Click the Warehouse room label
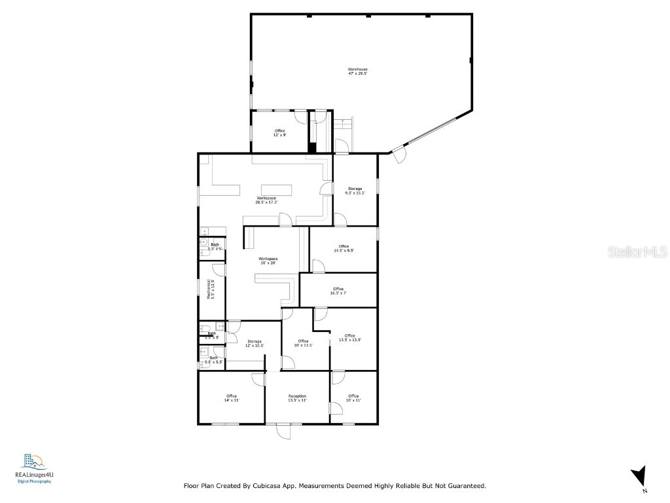(x=357, y=71)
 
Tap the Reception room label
(x=298, y=398)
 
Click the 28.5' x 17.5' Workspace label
(x=266, y=200)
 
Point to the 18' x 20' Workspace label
(x=268, y=261)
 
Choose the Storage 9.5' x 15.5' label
(x=355, y=191)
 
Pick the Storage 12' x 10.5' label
(x=254, y=343)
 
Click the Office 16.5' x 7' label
(x=338, y=291)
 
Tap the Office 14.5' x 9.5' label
(x=344, y=248)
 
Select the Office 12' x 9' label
(x=279, y=132)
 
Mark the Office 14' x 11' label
(x=232, y=398)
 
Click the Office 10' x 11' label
(x=353, y=398)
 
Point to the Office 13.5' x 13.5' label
(x=350, y=338)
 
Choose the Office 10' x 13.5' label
(x=303, y=343)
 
